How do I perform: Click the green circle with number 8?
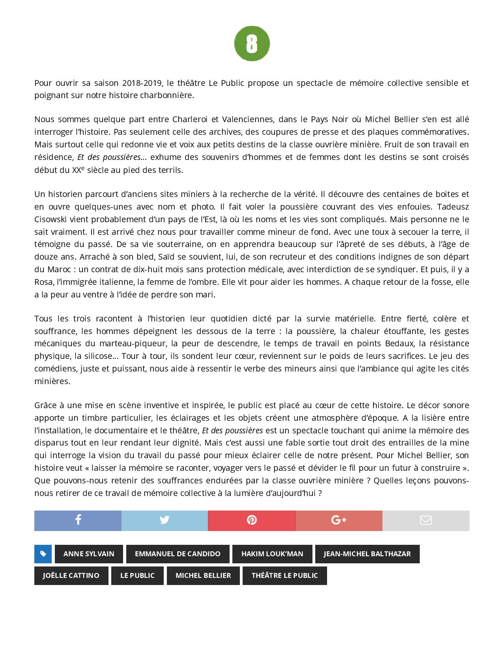coord(252,43)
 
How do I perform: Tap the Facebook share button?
coord(78,520)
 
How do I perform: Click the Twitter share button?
coord(165,520)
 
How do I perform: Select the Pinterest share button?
coord(252,520)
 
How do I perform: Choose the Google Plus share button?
coord(338,520)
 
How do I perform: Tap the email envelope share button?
coord(426,520)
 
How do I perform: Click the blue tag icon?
coord(43,554)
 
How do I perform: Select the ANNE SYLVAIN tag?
coord(89,554)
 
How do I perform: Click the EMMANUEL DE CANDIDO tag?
coord(178,554)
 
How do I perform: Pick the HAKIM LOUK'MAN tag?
coord(272,554)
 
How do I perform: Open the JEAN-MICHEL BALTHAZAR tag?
coord(367,554)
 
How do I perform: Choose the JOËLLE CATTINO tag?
coord(71,576)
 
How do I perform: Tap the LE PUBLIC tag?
coord(137,576)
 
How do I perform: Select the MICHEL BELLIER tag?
coord(203,576)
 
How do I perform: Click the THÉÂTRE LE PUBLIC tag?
coord(284,576)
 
